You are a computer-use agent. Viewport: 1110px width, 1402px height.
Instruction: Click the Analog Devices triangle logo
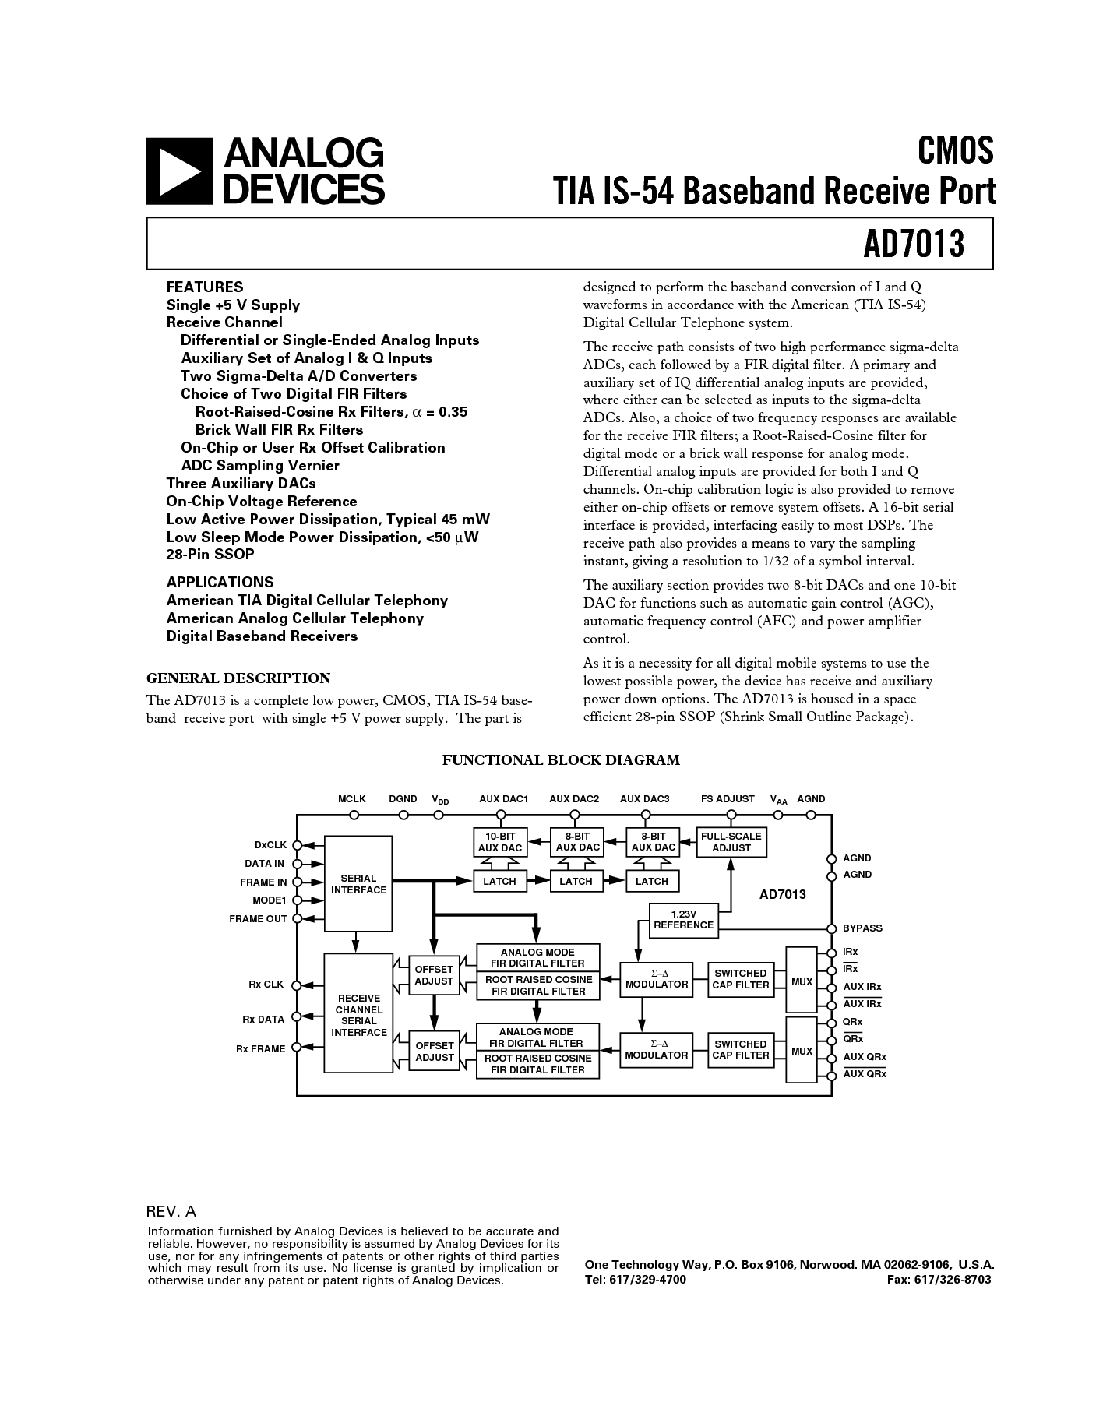(179, 171)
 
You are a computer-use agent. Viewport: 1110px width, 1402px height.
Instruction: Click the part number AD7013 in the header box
(913, 245)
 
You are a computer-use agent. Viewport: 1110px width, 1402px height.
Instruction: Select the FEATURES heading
(205, 287)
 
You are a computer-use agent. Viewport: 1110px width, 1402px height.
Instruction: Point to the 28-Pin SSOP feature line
(210, 555)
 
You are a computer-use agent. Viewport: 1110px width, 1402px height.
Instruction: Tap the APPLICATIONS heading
(220, 582)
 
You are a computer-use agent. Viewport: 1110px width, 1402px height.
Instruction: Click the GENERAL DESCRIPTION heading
(238, 678)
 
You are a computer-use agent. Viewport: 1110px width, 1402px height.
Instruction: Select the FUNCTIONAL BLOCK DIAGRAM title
(561, 760)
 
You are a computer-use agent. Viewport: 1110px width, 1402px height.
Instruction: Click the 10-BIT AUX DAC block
(499, 842)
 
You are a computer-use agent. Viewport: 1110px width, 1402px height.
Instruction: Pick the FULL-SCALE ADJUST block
(731, 842)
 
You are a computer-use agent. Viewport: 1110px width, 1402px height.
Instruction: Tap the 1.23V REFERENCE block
(683, 920)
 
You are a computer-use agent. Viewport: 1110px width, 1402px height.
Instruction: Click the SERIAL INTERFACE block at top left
(358, 884)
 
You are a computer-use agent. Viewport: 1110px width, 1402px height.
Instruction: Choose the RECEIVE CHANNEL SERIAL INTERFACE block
(358, 1015)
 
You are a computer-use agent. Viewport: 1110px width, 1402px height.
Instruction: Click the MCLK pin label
(352, 799)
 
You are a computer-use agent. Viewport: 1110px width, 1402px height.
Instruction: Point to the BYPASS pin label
(862, 928)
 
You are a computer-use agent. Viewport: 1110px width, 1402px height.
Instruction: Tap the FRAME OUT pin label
(258, 919)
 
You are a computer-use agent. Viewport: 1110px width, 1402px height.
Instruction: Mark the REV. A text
(171, 1212)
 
